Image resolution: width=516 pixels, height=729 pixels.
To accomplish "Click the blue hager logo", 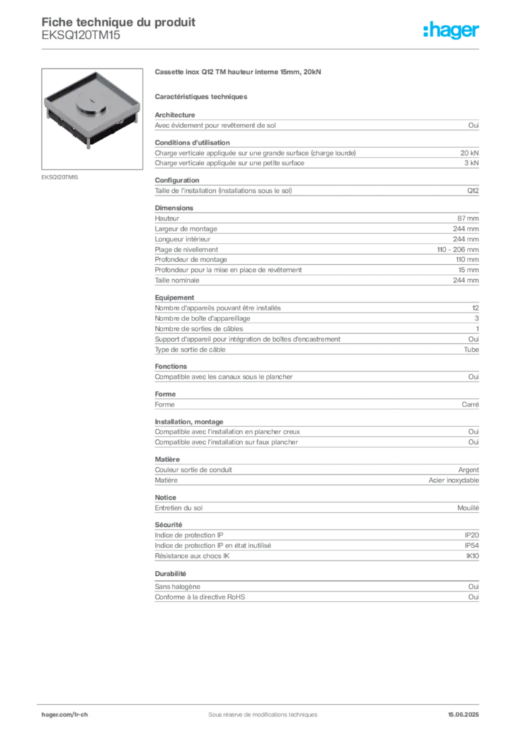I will tap(453, 31).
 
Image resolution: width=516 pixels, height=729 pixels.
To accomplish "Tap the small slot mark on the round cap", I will tap(93, 106).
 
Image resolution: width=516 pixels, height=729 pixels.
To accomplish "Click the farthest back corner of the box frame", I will tap(93, 71).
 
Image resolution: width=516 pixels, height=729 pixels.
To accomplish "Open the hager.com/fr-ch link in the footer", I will tap(63, 713).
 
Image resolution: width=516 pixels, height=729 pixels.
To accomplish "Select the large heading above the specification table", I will tap(239, 73).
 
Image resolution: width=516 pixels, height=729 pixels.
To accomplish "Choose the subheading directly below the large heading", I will tap(202, 95).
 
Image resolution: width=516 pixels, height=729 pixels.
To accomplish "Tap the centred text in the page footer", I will tap(258, 709).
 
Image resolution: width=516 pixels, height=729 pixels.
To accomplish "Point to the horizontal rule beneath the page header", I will tap(262, 48).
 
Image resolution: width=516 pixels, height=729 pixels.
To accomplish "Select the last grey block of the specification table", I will tap(316, 594).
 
